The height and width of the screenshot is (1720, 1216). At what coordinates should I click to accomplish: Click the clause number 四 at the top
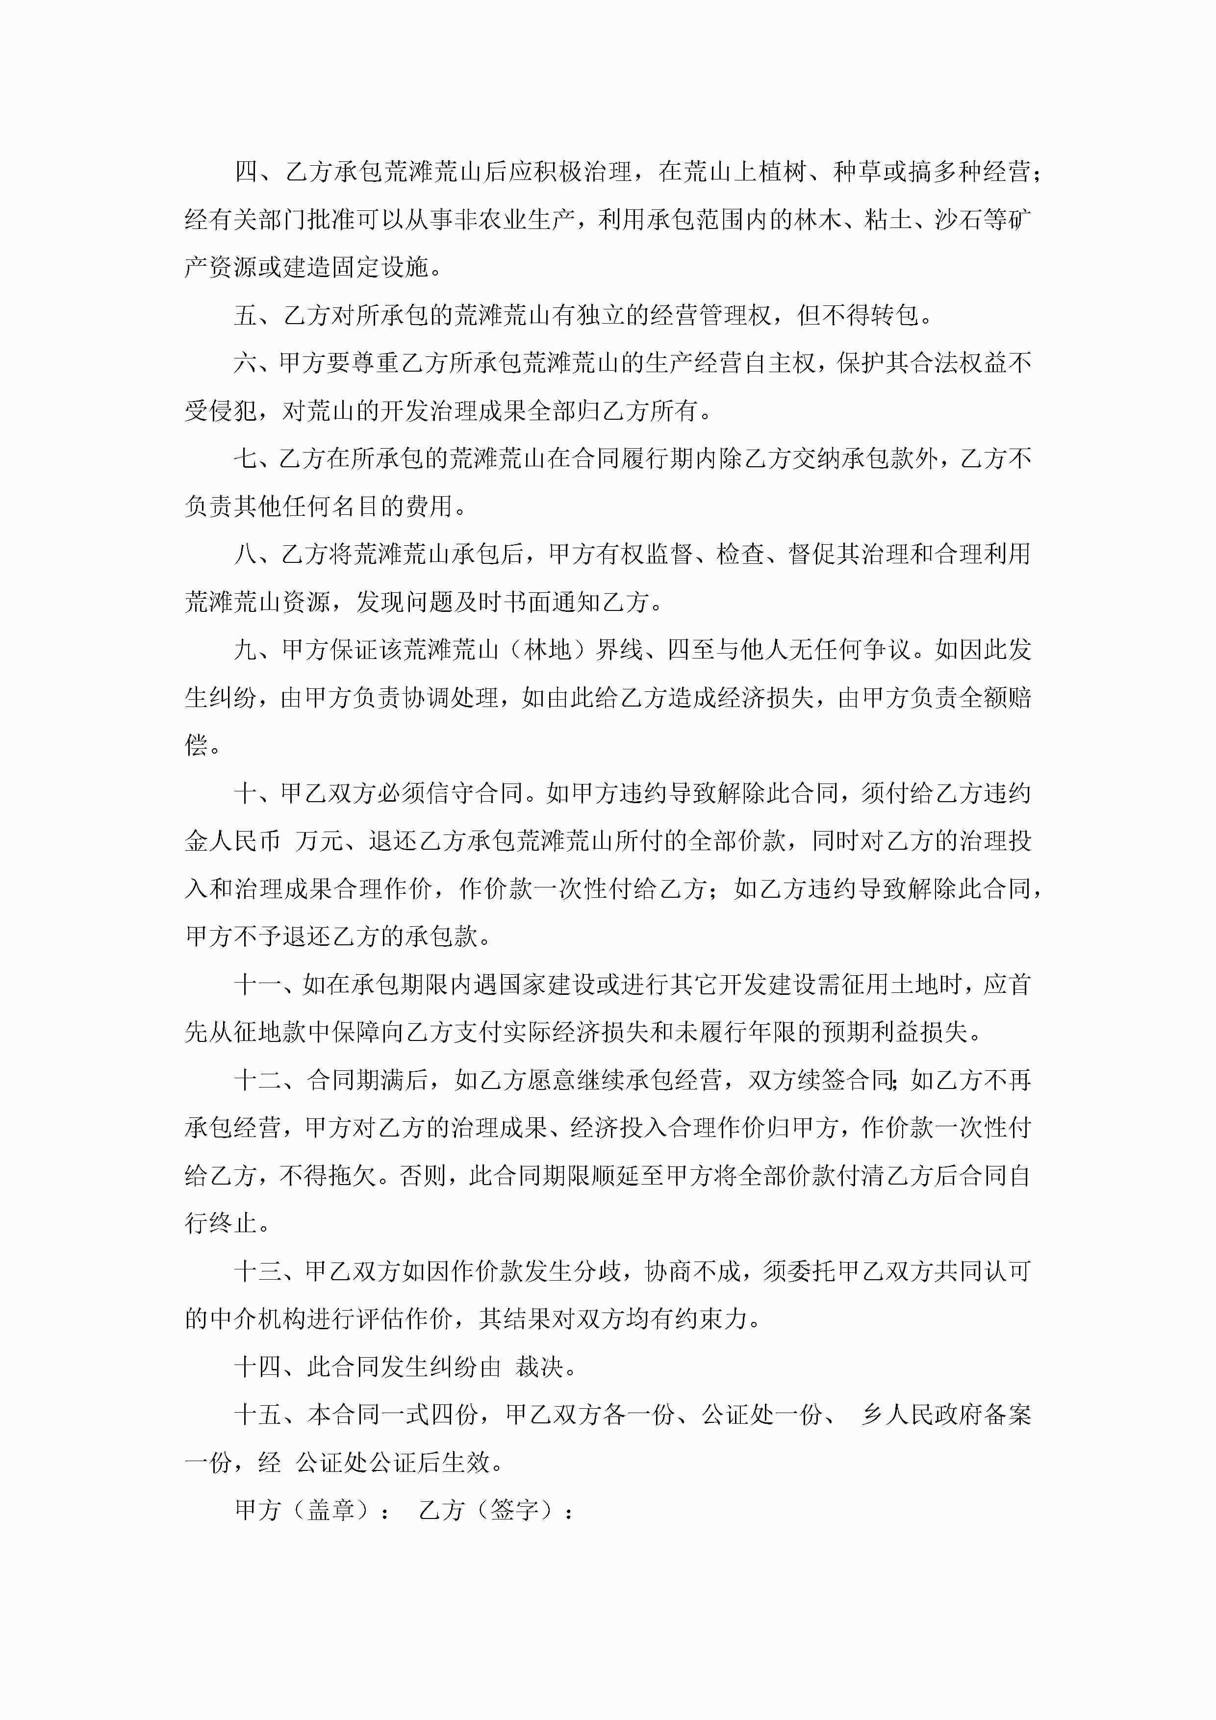tap(247, 172)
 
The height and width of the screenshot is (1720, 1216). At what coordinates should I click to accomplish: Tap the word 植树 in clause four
tap(785, 172)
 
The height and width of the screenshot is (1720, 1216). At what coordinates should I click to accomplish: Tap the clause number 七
tap(247, 458)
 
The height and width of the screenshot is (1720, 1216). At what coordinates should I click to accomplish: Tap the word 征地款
tap(271, 1032)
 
